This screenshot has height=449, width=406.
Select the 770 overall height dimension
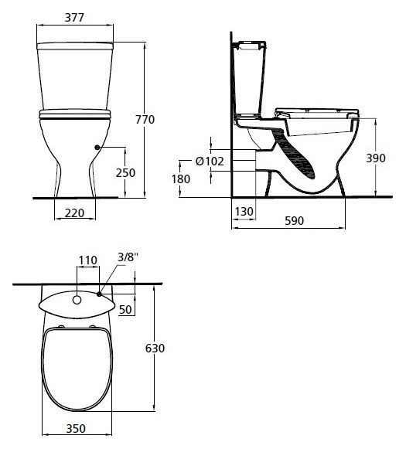166,120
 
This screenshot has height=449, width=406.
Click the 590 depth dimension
293,221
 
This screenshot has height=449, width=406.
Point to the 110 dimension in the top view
87,260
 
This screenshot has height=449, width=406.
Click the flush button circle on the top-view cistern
77,298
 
